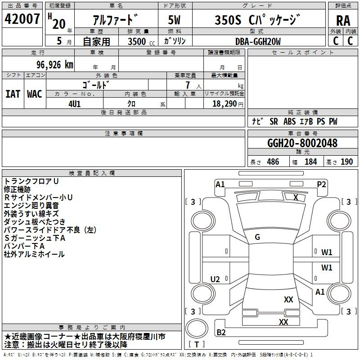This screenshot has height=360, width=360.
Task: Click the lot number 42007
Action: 22,19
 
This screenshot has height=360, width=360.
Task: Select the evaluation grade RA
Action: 343,21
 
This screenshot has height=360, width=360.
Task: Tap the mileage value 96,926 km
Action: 52,64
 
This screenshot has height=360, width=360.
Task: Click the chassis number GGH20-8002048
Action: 302,143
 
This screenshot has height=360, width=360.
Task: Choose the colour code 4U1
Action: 74,103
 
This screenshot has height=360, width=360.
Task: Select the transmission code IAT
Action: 13,94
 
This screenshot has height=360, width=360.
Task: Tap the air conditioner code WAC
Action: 35,94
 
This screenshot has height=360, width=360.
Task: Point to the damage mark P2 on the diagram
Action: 321,184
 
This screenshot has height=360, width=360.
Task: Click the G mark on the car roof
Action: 257,237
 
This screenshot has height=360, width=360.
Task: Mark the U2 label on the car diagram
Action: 215,279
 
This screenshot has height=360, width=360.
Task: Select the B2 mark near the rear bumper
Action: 221,332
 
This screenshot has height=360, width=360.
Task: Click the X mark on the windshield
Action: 296,197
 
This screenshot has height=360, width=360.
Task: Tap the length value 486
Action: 273,162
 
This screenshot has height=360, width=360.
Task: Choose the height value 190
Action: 346,162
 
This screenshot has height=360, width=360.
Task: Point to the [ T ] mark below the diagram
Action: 197,345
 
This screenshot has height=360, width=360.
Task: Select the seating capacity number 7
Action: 187,85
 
